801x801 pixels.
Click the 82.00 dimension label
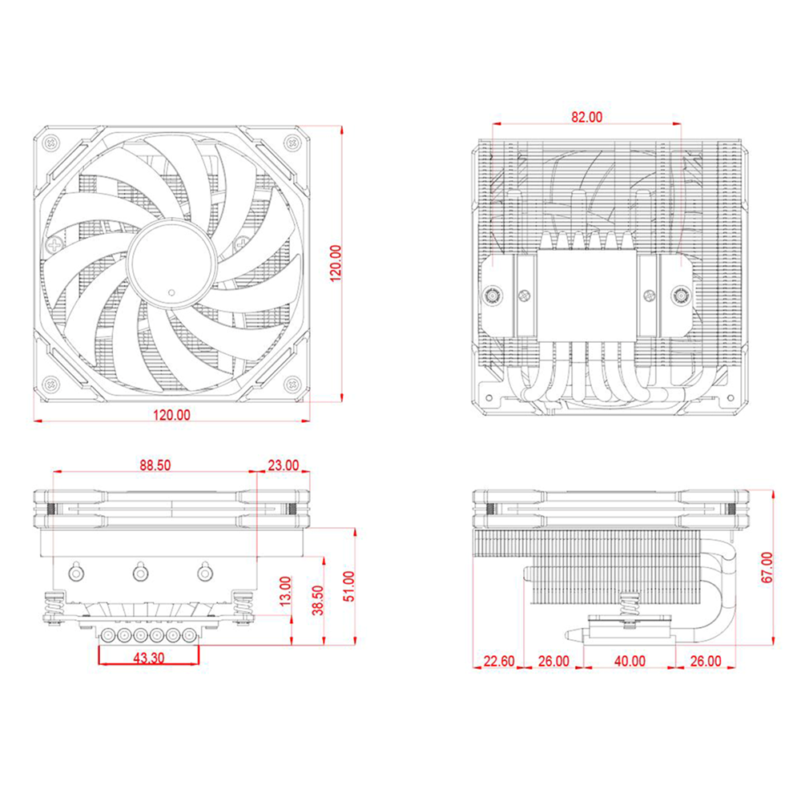click(x=586, y=117)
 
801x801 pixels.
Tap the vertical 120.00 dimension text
click(x=336, y=264)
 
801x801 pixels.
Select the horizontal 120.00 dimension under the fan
click(x=171, y=415)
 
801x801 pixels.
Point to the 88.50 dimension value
click(x=155, y=465)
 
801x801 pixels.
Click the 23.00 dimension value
click(x=284, y=465)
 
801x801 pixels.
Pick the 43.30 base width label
click(x=149, y=658)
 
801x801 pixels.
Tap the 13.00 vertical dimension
click(x=285, y=591)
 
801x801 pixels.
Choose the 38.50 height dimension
click(x=318, y=600)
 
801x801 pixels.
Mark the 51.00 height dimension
click(x=349, y=586)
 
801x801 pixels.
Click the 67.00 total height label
click(x=767, y=567)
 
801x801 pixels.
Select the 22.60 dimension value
click(x=499, y=661)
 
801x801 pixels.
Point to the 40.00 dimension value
click(x=630, y=661)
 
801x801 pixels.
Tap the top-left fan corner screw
click(x=50, y=143)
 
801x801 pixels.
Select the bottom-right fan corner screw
click(x=292, y=383)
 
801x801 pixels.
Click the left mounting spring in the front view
click(x=52, y=606)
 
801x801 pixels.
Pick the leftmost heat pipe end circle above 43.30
click(x=109, y=635)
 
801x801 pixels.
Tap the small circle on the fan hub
click(x=171, y=292)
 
